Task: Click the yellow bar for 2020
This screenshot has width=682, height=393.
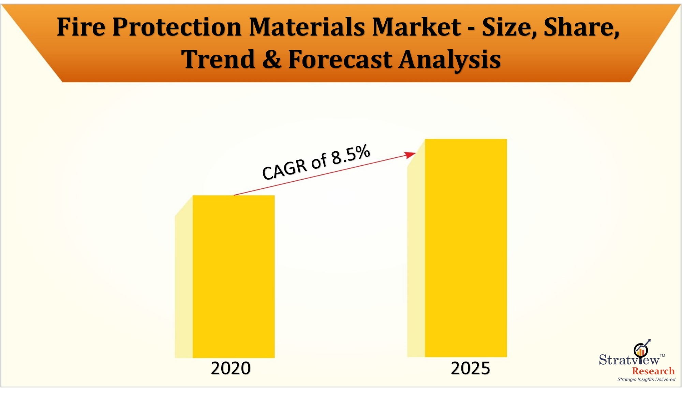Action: [234, 277]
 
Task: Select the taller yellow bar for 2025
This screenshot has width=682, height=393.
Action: [466, 248]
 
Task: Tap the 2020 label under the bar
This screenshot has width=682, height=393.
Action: [231, 368]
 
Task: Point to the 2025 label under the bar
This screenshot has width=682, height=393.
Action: [470, 368]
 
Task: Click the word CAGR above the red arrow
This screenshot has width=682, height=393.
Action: [284, 169]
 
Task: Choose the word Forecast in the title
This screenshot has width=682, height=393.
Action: [340, 59]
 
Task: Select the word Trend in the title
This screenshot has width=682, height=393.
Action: [218, 59]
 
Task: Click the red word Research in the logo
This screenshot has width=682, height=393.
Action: [653, 371]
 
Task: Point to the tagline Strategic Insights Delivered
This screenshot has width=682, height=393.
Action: [646, 379]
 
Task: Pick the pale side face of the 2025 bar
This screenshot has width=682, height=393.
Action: [416, 256]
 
